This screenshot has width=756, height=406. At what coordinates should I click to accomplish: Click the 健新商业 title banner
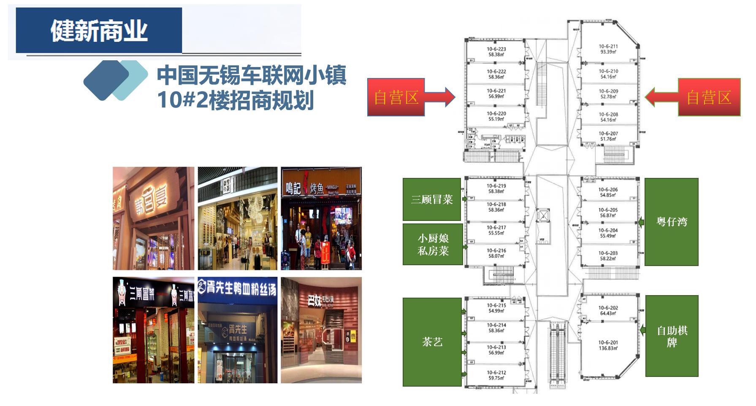99,30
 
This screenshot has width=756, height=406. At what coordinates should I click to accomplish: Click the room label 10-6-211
608,46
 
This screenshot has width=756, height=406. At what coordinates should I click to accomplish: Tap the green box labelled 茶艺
432,342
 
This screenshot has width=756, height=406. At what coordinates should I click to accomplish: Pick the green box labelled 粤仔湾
671,222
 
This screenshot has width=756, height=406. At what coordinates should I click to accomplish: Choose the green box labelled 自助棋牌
672,336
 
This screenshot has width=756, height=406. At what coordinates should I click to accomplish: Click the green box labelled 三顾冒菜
431,199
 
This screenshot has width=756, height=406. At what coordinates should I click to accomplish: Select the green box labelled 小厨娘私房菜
433,245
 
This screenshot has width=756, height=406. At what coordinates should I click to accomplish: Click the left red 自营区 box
396,97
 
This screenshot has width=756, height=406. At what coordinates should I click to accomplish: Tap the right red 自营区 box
709,97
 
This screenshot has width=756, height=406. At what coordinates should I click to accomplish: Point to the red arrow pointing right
441,97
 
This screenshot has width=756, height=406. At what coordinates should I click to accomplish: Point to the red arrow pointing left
661,97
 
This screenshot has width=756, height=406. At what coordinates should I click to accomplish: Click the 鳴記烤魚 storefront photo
321,218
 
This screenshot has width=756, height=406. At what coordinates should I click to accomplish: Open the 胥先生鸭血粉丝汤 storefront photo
238,330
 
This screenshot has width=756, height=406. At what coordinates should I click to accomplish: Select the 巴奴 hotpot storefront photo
321,330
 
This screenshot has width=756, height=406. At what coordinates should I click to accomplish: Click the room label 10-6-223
496,49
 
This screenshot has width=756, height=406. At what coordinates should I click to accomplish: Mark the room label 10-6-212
496,372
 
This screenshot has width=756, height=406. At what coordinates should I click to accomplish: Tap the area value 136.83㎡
608,348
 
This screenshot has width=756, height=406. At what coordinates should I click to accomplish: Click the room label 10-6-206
608,189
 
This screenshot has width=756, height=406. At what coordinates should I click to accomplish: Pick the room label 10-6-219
496,186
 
